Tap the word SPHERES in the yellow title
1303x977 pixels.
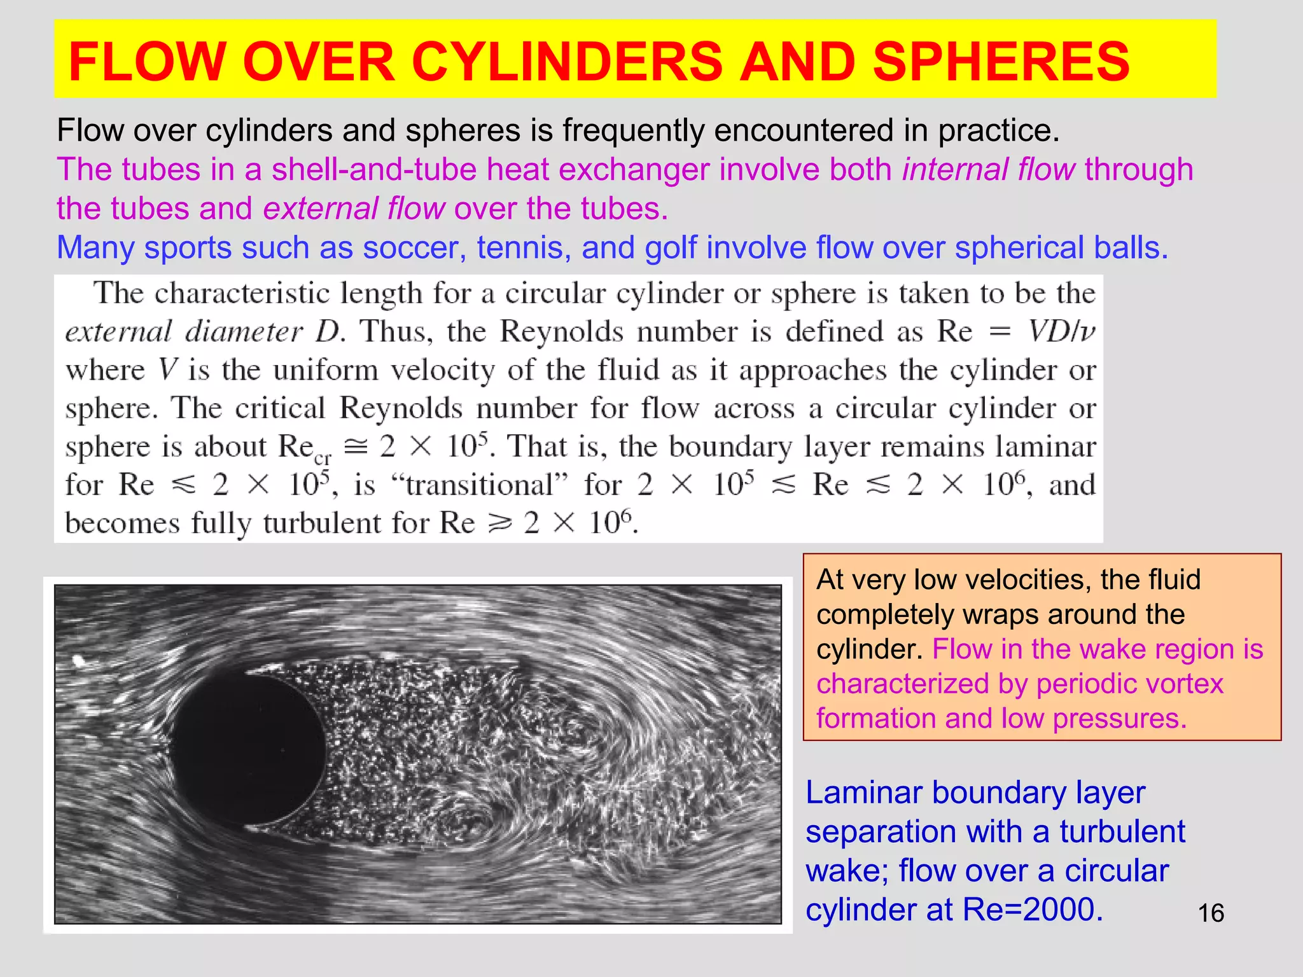[x=1001, y=62]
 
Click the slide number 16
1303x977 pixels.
[x=1211, y=913]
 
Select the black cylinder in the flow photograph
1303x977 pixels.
[x=249, y=749]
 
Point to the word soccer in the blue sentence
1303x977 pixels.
[x=414, y=248]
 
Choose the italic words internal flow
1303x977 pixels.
[x=989, y=170]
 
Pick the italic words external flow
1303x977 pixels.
[x=354, y=209]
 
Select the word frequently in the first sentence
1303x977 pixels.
[x=633, y=130]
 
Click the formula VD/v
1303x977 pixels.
[x=1062, y=331]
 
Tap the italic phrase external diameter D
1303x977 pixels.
[x=204, y=331]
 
